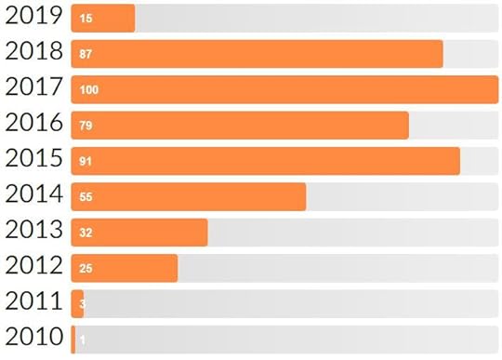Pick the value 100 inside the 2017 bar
coord(89,90)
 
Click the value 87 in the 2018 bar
coord(86,54)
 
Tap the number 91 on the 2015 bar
coord(86,162)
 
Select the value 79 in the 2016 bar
coord(86,126)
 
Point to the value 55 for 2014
coord(86,197)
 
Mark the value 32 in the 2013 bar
coord(86,233)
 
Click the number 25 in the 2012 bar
coord(86,269)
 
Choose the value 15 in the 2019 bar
coord(86,19)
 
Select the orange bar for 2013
coord(149,233)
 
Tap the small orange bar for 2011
coord(77,303)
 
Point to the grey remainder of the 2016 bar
coord(453,126)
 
